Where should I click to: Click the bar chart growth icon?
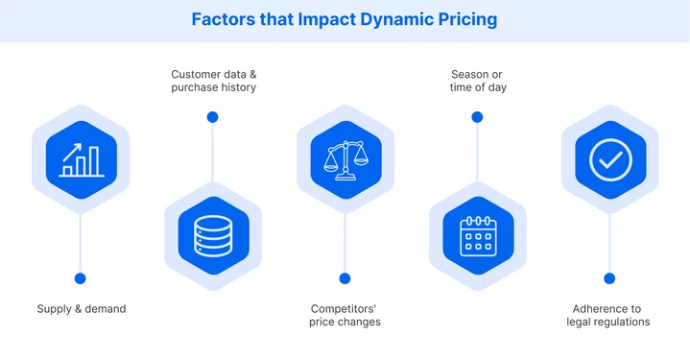point(81,159)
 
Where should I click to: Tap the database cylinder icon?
point(213,234)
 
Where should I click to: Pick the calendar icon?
point(477,234)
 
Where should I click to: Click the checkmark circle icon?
point(609,159)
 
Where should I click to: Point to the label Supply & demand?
point(82,309)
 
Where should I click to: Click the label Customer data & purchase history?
point(213,81)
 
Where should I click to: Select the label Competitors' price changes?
point(345,315)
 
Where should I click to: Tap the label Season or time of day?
point(478,81)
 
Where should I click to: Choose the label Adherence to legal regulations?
point(608,315)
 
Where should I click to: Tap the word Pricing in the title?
point(467,19)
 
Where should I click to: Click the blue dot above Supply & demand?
point(81,278)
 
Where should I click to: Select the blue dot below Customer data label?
point(213,117)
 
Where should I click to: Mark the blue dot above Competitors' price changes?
point(345,278)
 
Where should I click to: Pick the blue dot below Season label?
point(477,117)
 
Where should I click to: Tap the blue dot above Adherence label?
point(609,278)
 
